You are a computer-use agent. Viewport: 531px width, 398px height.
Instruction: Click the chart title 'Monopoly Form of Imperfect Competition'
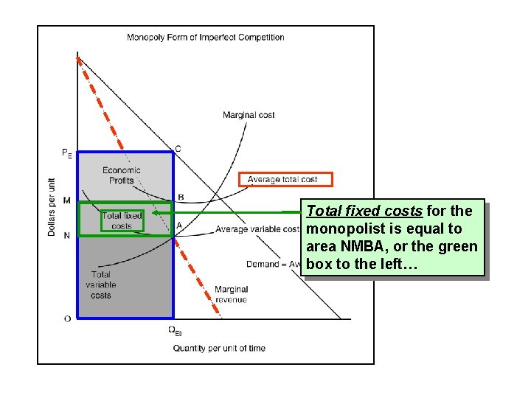point(206,37)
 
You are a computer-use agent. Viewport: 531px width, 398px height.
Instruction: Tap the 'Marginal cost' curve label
point(249,115)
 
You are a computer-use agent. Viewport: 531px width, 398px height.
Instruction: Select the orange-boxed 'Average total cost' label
point(285,179)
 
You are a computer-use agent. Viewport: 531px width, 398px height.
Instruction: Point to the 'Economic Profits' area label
point(122,175)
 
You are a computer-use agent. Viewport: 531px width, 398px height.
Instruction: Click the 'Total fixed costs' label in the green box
point(122,220)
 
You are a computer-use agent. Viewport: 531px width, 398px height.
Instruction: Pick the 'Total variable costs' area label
point(101,285)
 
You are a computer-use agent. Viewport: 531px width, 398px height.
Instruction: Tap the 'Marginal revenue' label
point(232,294)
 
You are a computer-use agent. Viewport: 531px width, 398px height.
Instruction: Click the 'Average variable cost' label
point(257,229)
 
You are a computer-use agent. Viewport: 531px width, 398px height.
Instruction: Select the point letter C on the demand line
point(178,150)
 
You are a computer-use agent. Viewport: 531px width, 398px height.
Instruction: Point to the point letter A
point(179,226)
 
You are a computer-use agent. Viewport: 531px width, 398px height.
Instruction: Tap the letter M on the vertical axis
point(67,200)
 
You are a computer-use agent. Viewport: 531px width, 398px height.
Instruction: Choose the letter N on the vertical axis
point(67,235)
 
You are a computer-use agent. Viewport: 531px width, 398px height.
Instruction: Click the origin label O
point(67,318)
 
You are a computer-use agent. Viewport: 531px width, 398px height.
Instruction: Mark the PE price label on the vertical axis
point(66,153)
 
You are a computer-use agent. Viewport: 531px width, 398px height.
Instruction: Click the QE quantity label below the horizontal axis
point(175,331)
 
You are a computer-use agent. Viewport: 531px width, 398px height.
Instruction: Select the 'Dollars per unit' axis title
point(52,206)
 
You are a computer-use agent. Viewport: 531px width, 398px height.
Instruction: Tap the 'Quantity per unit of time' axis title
point(219,348)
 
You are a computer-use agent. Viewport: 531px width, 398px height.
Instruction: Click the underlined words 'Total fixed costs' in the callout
point(364,212)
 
